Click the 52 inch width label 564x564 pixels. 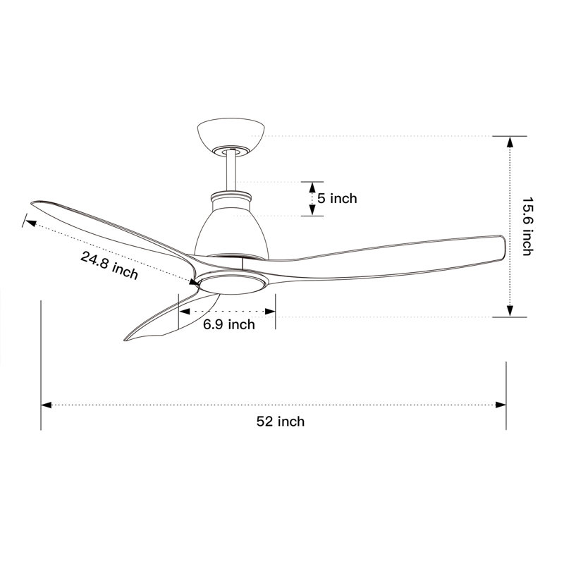click(x=280, y=422)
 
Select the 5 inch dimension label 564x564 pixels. click(x=337, y=199)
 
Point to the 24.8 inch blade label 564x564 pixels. click(x=109, y=266)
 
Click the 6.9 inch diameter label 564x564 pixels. click(x=229, y=324)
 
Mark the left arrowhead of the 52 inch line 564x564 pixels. click(x=46, y=405)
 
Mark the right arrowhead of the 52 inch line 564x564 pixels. click(x=502, y=405)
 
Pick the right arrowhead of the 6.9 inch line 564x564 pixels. click(x=271, y=310)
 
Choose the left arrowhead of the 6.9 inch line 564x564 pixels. click(x=184, y=310)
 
